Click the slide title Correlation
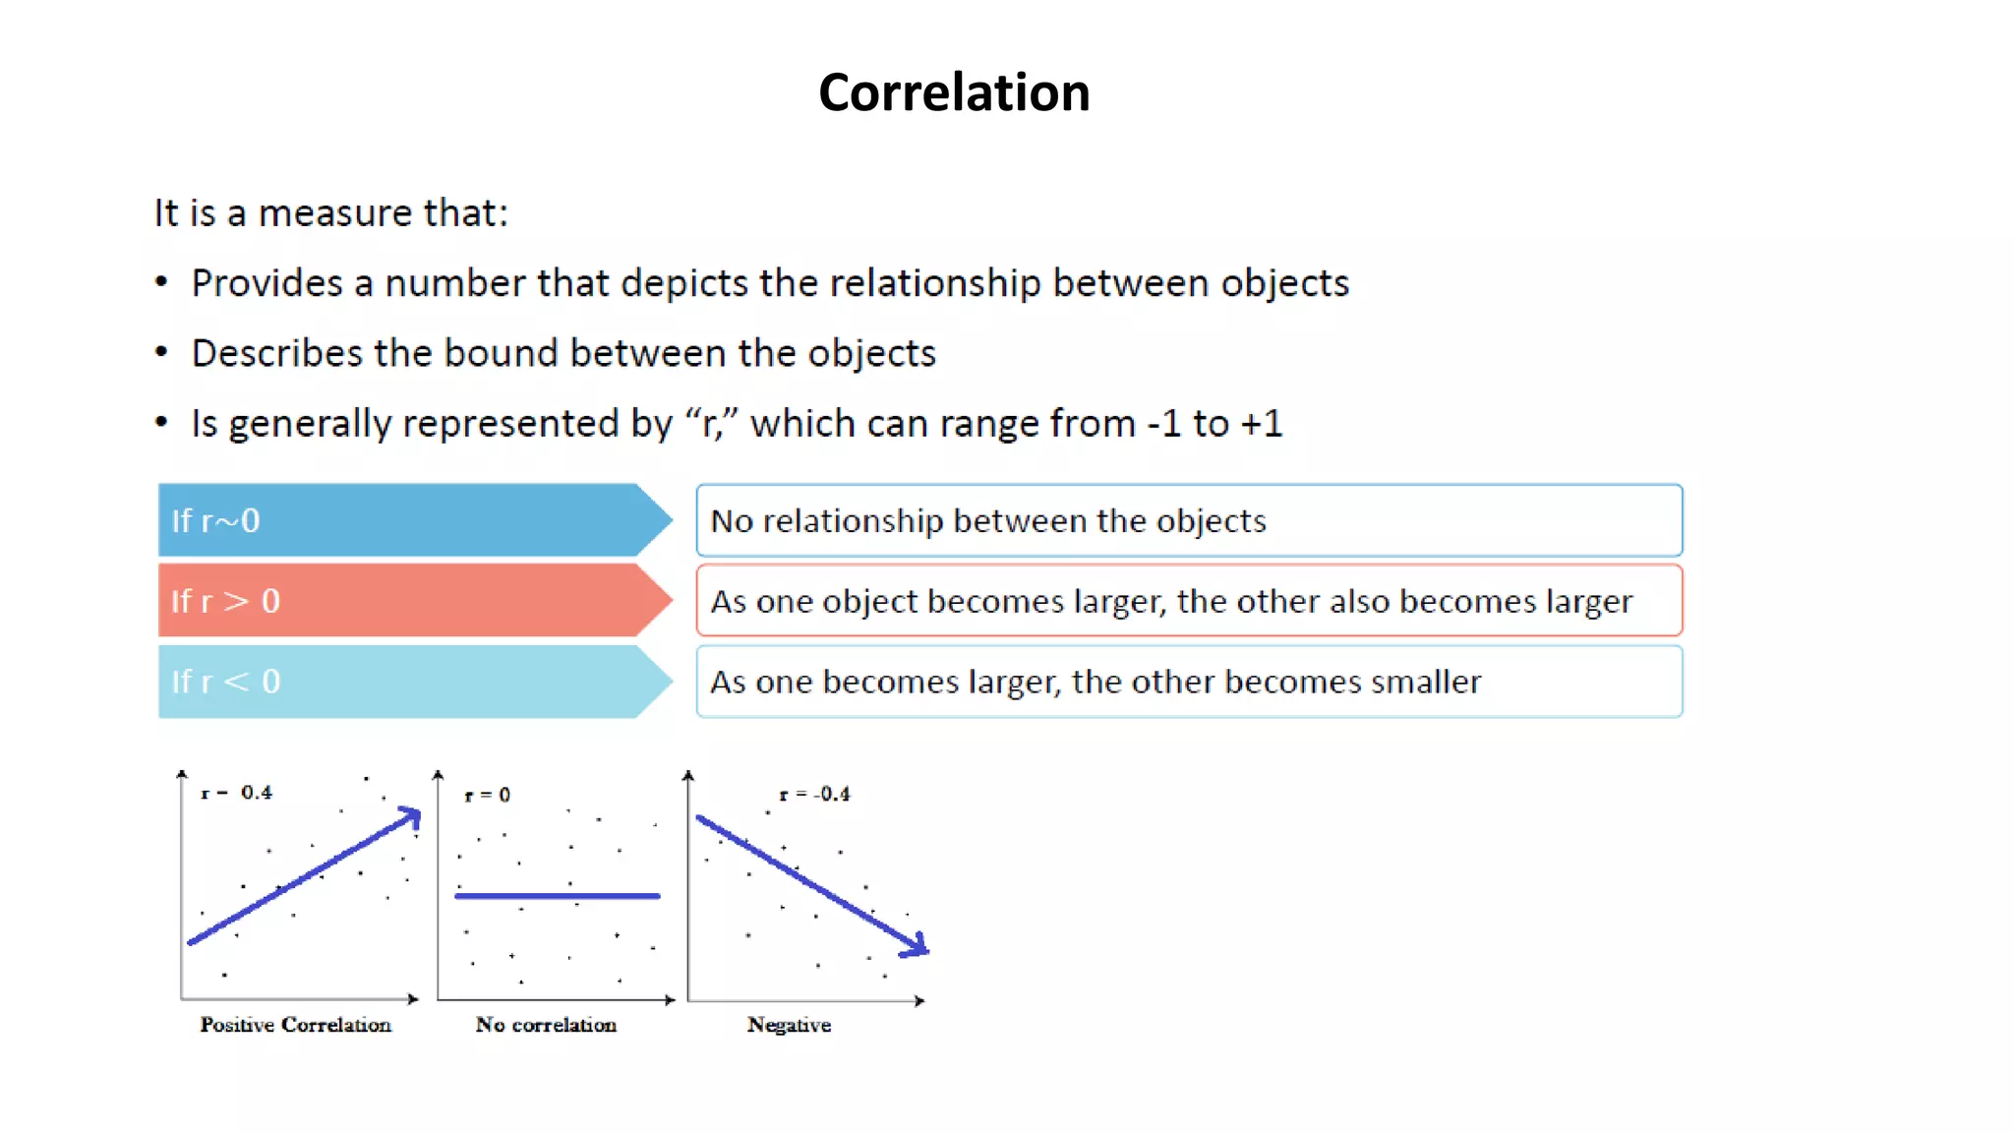point(953,92)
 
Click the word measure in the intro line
point(334,213)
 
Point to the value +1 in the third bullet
point(1261,424)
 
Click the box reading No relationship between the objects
point(1188,520)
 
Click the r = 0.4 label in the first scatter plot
point(237,793)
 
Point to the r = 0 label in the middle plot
point(488,795)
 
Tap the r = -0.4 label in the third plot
point(814,794)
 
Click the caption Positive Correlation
point(295,1025)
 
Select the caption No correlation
point(546,1025)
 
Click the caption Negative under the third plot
point(789,1025)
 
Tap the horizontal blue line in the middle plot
point(557,896)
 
